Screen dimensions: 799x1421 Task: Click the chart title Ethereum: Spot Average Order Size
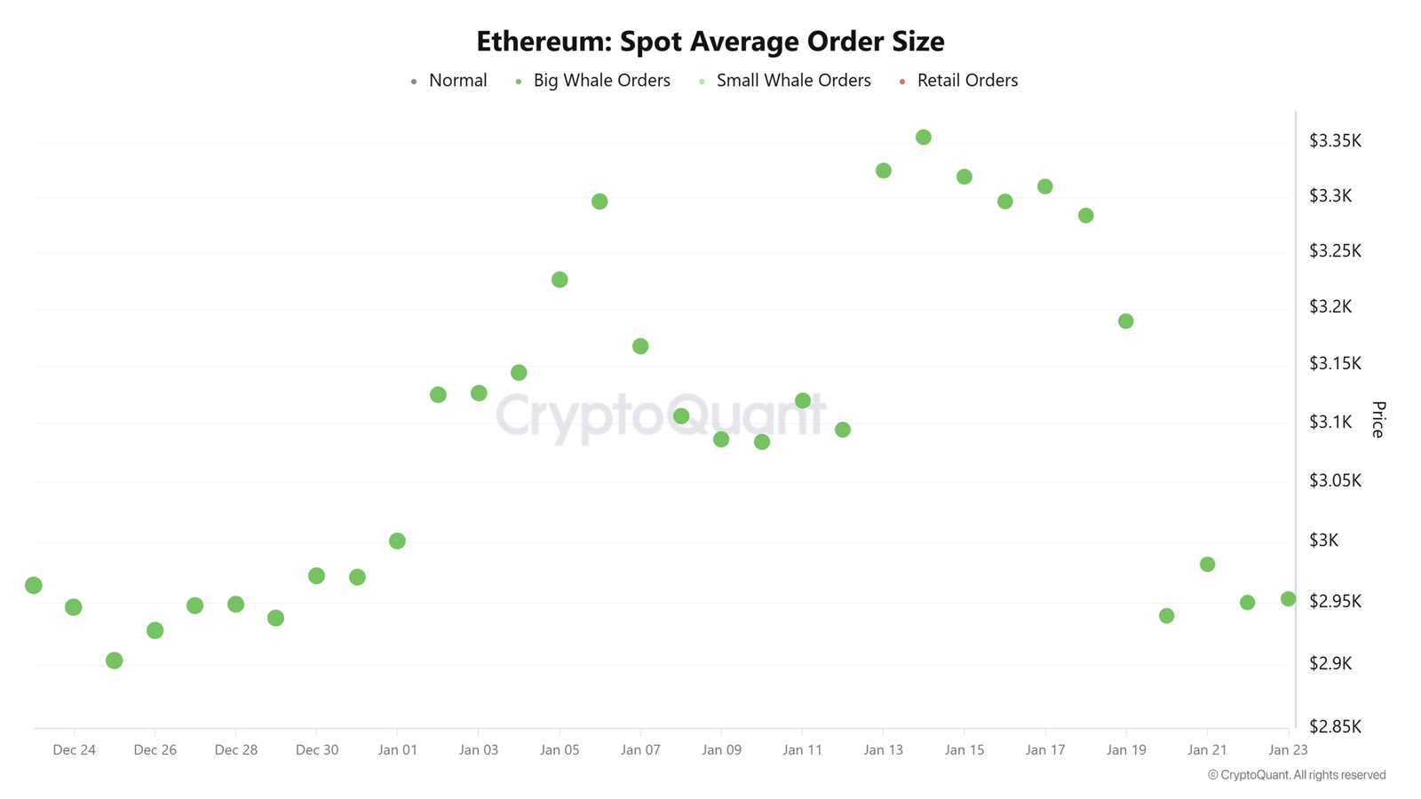coord(710,41)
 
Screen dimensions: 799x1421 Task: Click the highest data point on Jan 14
coord(923,138)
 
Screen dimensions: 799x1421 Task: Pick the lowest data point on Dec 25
coord(114,661)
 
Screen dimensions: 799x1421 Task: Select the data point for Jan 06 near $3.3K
coord(599,202)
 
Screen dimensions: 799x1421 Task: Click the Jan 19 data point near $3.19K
coord(1125,321)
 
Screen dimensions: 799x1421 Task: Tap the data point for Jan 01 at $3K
coord(397,541)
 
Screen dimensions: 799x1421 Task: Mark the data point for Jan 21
coord(1207,565)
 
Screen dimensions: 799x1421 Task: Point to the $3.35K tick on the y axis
coord(1335,141)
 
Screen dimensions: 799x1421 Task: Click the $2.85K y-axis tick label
coord(1335,726)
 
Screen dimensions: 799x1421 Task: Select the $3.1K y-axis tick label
coord(1330,422)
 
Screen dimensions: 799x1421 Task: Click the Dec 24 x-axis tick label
coord(74,750)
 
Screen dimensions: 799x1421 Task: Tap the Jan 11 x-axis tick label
coord(802,750)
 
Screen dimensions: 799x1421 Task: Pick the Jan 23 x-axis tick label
coord(1287,750)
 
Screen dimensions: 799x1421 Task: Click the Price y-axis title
coord(1377,419)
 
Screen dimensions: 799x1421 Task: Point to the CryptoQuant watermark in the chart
coord(660,415)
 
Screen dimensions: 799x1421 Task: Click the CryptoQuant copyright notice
coord(1296,775)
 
